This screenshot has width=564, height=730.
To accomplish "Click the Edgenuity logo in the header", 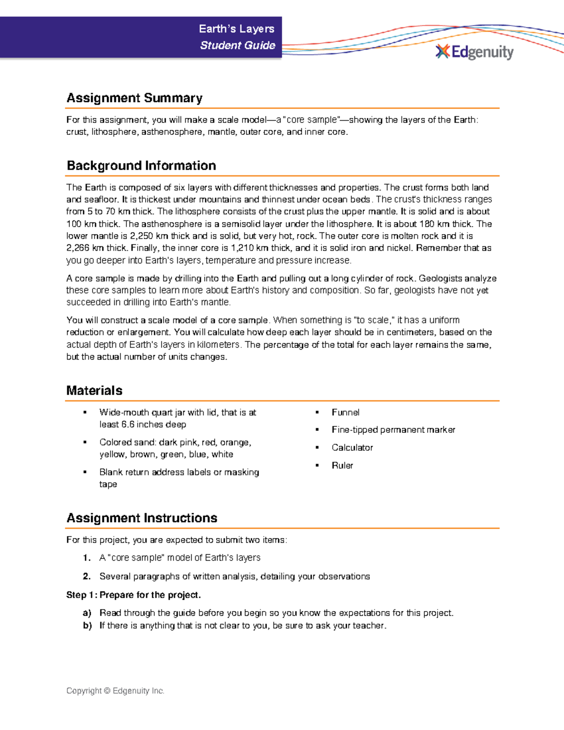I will pos(475,52).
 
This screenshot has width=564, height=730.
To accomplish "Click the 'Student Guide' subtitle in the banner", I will pos(237,46).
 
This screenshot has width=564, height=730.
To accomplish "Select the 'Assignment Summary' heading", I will pos(134,98).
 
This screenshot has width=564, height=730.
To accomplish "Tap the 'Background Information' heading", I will pos(141,165).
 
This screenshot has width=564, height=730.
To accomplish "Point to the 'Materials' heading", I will pos(94,391).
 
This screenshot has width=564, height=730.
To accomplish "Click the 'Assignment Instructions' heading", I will pos(142,518).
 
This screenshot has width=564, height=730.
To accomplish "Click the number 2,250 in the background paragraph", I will pos(141,236).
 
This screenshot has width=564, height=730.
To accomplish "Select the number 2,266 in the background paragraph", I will pos(77,248).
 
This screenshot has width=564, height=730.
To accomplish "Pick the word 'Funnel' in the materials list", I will pos(345,413).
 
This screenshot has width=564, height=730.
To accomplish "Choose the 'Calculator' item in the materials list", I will pos(352,447).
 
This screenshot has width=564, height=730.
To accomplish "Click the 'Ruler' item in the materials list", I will pos(342,465).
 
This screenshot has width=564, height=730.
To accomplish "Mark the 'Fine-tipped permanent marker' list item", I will pos(393,430).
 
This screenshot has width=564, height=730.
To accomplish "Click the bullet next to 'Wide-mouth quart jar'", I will pos(85,413).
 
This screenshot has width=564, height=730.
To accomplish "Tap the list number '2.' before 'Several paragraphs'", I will pos(86,576).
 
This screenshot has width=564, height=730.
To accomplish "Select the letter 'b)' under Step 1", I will pos(87,626).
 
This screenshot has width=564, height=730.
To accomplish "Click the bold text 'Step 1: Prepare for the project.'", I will pos(133,595).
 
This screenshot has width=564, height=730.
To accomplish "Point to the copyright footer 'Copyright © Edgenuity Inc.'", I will pos(115,691).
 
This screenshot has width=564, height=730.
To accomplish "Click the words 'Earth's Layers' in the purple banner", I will pos(236,29).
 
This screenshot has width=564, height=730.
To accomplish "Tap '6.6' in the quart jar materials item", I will pos(128,424).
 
